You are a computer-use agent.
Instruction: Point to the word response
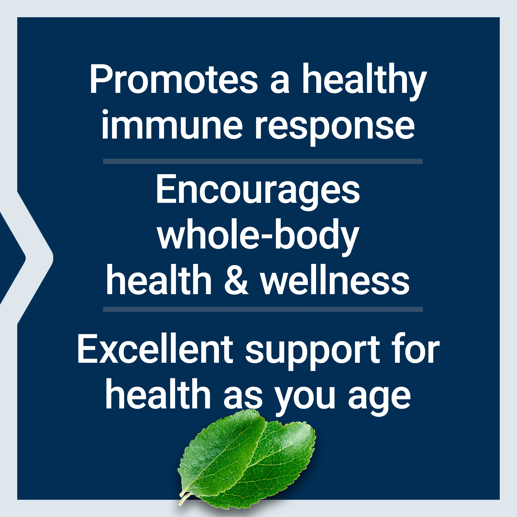335,128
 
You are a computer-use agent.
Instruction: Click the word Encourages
258,192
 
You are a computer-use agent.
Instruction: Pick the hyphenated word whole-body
258,237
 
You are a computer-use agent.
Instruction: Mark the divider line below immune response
263,161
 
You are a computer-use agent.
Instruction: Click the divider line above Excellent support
263,309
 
